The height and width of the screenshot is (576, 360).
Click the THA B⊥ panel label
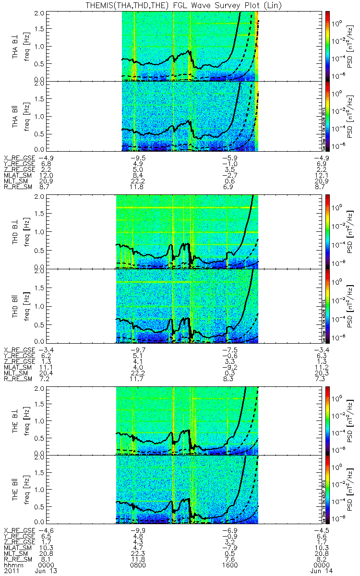pos(15,47)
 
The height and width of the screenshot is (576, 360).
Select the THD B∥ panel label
pos(15,306)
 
